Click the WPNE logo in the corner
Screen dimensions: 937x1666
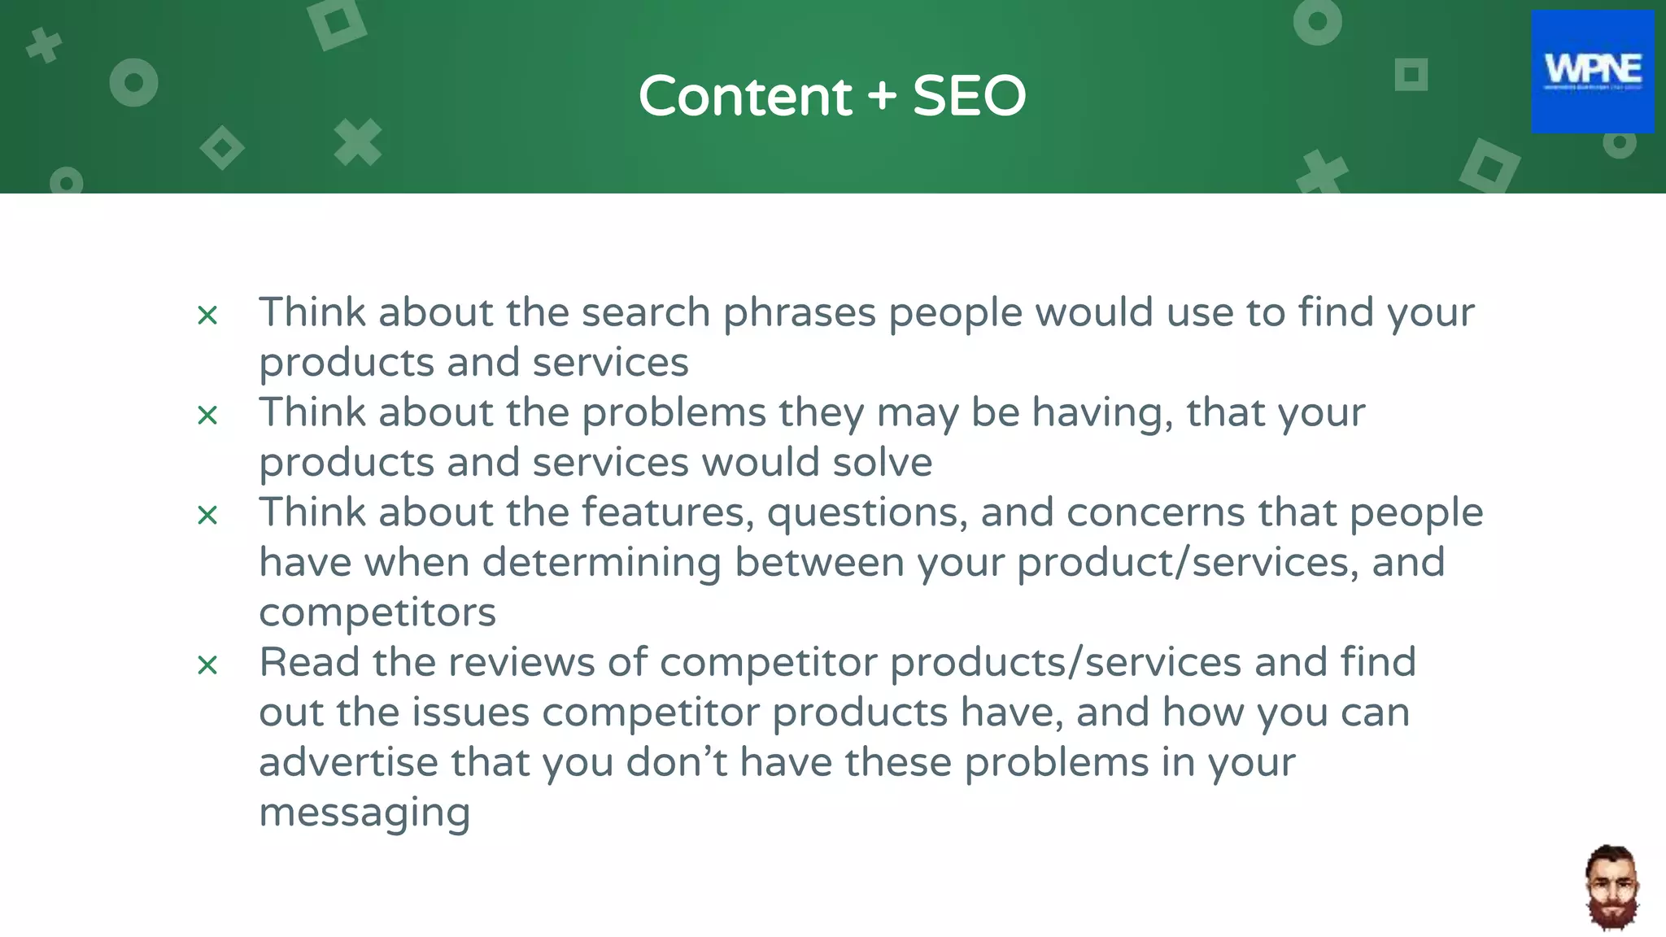tap(1592, 72)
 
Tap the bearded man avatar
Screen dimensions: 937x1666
tap(1611, 887)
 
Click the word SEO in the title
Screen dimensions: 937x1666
tap(969, 96)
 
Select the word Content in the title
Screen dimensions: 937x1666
tap(744, 96)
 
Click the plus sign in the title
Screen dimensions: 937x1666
tap(882, 96)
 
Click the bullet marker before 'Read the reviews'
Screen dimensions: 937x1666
tap(207, 665)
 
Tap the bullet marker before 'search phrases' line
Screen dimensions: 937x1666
tap(207, 316)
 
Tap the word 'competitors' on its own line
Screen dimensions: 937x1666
tap(377, 612)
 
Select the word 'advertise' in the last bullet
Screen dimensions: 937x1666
tap(348, 763)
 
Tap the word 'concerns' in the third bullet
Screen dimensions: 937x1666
tap(1155, 513)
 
